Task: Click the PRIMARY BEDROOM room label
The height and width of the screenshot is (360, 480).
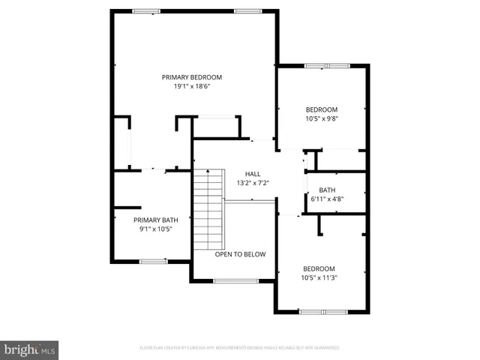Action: pos(192,76)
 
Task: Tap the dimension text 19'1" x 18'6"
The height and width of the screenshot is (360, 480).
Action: pos(192,86)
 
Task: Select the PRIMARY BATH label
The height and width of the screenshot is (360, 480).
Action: pos(156,220)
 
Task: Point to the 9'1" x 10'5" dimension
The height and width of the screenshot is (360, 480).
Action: pos(156,229)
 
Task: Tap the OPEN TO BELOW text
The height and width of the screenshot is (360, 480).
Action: pos(240,254)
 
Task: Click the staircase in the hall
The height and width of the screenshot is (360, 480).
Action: pos(209,210)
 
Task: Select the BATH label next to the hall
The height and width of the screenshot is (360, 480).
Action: pos(327,190)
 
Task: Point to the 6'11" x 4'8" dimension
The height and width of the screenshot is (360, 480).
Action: pos(327,199)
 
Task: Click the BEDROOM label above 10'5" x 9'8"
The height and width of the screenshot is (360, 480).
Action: pos(322,109)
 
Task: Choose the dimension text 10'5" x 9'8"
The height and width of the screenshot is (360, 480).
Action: pos(322,118)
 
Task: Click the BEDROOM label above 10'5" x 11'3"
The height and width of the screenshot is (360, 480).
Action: pos(319,268)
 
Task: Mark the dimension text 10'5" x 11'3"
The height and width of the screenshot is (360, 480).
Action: pos(319,278)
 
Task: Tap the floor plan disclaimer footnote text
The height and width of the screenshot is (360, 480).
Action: pos(240,348)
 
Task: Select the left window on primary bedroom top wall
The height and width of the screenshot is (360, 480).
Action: pos(146,11)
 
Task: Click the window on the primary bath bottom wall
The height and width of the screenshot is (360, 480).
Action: pos(153,261)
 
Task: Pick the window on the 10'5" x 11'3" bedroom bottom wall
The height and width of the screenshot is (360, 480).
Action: pos(322,311)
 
